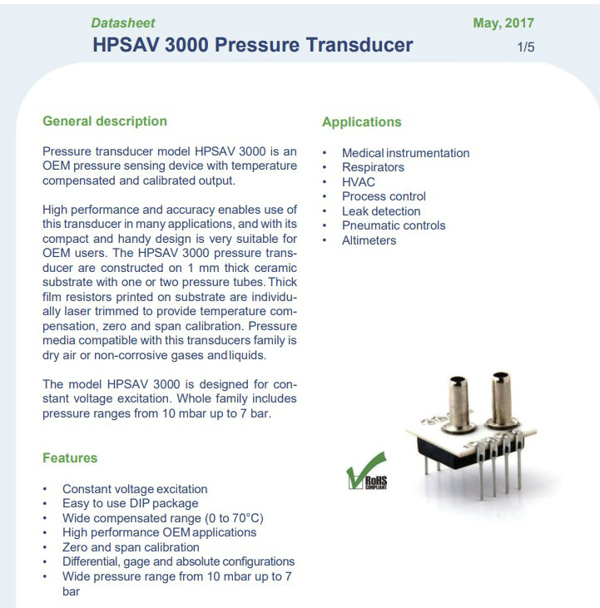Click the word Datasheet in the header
pyautogui.click(x=123, y=23)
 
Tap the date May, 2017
pyautogui.click(x=503, y=23)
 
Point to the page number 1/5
pyautogui.click(x=526, y=47)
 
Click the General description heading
pyautogui.click(x=105, y=121)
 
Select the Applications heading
pyautogui.click(x=361, y=121)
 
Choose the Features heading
pyautogui.click(x=70, y=458)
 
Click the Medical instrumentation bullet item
pyautogui.click(x=406, y=153)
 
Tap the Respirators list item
pyautogui.click(x=373, y=167)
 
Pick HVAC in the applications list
pyautogui.click(x=359, y=182)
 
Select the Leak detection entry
pyautogui.click(x=381, y=211)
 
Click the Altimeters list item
pyautogui.click(x=369, y=240)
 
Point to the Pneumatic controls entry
pyautogui.click(x=394, y=225)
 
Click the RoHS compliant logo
pyautogui.click(x=366, y=471)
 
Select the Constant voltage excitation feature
pyautogui.click(x=135, y=489)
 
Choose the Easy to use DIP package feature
pyautogui.click(x=131, y=503)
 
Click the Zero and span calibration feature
pyautogui.click(x=131, y=547)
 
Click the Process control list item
pyautogui.click(x=384, y=196)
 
